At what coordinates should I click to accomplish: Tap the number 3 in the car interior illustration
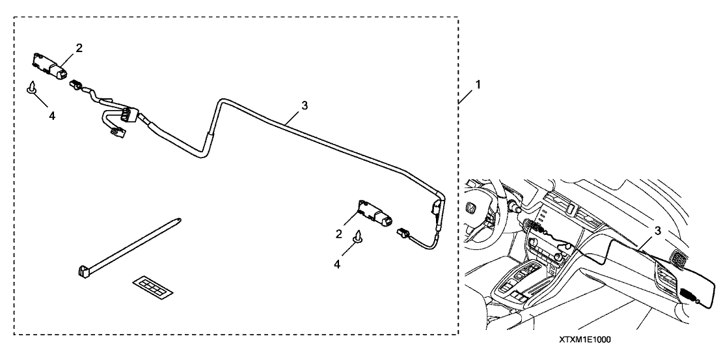pyautogui.click(x=657, y=230)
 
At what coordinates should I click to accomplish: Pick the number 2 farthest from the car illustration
pyautogui.click(x=79, y=48)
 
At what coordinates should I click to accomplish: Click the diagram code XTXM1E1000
pyautogui.click(x=585, y=339)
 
